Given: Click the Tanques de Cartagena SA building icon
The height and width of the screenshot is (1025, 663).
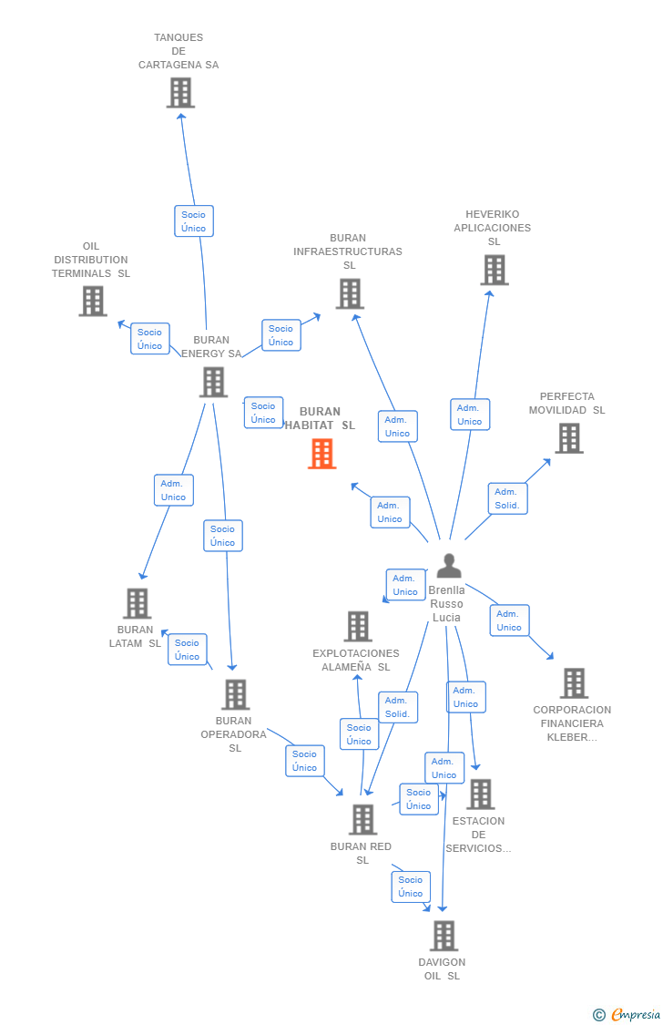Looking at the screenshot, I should coord(180,93).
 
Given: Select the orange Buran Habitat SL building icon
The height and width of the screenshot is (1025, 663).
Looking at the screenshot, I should coord(321,454).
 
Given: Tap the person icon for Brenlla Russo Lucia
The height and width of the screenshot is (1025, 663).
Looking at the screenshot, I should coord(448,566).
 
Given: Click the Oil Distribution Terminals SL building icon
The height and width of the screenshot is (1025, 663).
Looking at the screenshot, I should coord(92,302).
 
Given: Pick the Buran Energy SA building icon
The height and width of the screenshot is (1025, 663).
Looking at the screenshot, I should coord(213,383).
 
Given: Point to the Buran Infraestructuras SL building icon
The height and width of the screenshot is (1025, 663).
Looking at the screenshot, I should coord(350,294).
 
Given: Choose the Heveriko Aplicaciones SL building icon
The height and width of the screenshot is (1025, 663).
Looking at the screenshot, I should coord(494,271).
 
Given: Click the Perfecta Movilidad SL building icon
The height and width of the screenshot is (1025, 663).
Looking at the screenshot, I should coord(569,439).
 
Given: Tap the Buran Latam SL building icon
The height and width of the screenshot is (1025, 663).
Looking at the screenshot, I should coord(137,603).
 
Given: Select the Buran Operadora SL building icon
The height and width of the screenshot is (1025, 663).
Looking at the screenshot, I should coord(235,695).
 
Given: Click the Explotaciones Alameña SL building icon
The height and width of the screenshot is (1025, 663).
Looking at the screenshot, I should coord(358,627).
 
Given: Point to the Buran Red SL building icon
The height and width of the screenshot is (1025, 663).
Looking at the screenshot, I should coord(362,820).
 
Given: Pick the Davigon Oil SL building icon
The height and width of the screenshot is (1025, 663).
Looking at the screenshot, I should coord(444,936).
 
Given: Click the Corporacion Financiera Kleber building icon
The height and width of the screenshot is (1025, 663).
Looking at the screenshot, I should coord(573,683).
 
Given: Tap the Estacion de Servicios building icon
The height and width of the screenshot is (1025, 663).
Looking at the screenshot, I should coord(480,794).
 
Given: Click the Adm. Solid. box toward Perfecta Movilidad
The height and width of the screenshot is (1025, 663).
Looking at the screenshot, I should coord(507,498).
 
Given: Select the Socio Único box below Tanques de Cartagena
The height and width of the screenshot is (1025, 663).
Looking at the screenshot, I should coord(194,221).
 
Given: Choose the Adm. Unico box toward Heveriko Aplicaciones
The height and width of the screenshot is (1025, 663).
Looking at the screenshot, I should coord(470,415).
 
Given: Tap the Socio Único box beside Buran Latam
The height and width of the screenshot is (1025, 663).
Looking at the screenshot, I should coord(188,650).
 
